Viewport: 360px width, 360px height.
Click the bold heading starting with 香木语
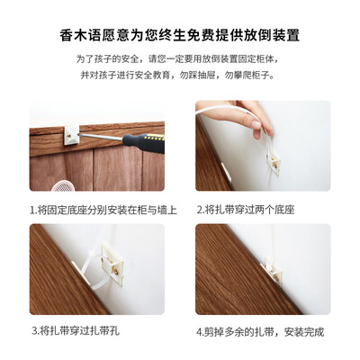click(180, 35)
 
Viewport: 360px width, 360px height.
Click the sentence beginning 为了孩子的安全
click(180, 58)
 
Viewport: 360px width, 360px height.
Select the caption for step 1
click(103, 210)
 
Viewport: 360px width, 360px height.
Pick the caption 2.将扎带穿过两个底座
click(246, 210)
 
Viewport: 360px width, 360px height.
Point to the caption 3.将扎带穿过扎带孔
click(76, 331)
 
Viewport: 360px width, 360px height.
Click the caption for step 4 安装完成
click(260, 332)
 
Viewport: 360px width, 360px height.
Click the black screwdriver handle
click(144, 143)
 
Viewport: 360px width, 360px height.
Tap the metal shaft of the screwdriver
click(101, 137)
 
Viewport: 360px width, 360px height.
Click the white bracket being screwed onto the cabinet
click(72, 135)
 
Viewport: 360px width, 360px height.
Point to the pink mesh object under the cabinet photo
click(63, 186)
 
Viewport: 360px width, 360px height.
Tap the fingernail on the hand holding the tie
click(256, 124)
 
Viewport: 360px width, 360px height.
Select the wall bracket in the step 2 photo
click(274, 162)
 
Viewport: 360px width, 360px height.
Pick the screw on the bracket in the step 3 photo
click(116, 272)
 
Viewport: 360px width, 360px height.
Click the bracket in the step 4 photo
click(274, 270)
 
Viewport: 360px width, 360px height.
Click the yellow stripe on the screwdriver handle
click(155, 138)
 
